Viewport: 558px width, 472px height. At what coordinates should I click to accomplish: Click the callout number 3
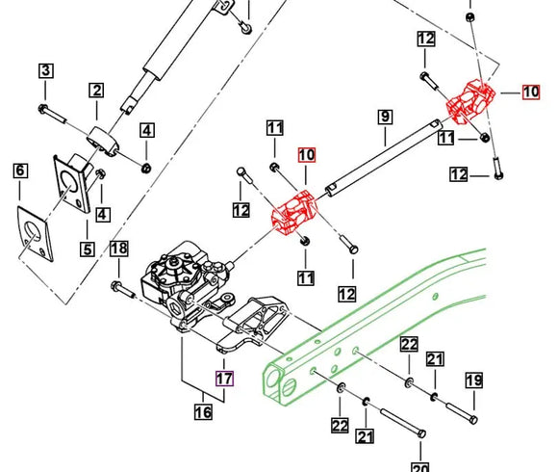click(x=46, y=70)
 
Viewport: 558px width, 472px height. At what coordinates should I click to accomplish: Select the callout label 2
click(x=96, y=92)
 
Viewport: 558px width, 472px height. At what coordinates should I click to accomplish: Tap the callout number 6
click(x=20, y=171)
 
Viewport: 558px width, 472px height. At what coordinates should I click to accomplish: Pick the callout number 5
click(x=87, y=249)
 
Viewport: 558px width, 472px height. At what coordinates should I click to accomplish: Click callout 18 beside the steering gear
click(x=118, y=249)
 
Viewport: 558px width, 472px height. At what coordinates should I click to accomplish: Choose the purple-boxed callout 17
click(x=223, y=379)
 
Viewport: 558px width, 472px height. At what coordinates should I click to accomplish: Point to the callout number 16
click(x=203, y=413)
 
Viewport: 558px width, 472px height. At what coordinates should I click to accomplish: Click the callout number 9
click(x=384, y=118)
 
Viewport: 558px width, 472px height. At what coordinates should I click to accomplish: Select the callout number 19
click(x=473, y=380)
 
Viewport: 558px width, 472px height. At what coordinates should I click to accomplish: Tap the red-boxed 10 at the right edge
click(x=531, y=92)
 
